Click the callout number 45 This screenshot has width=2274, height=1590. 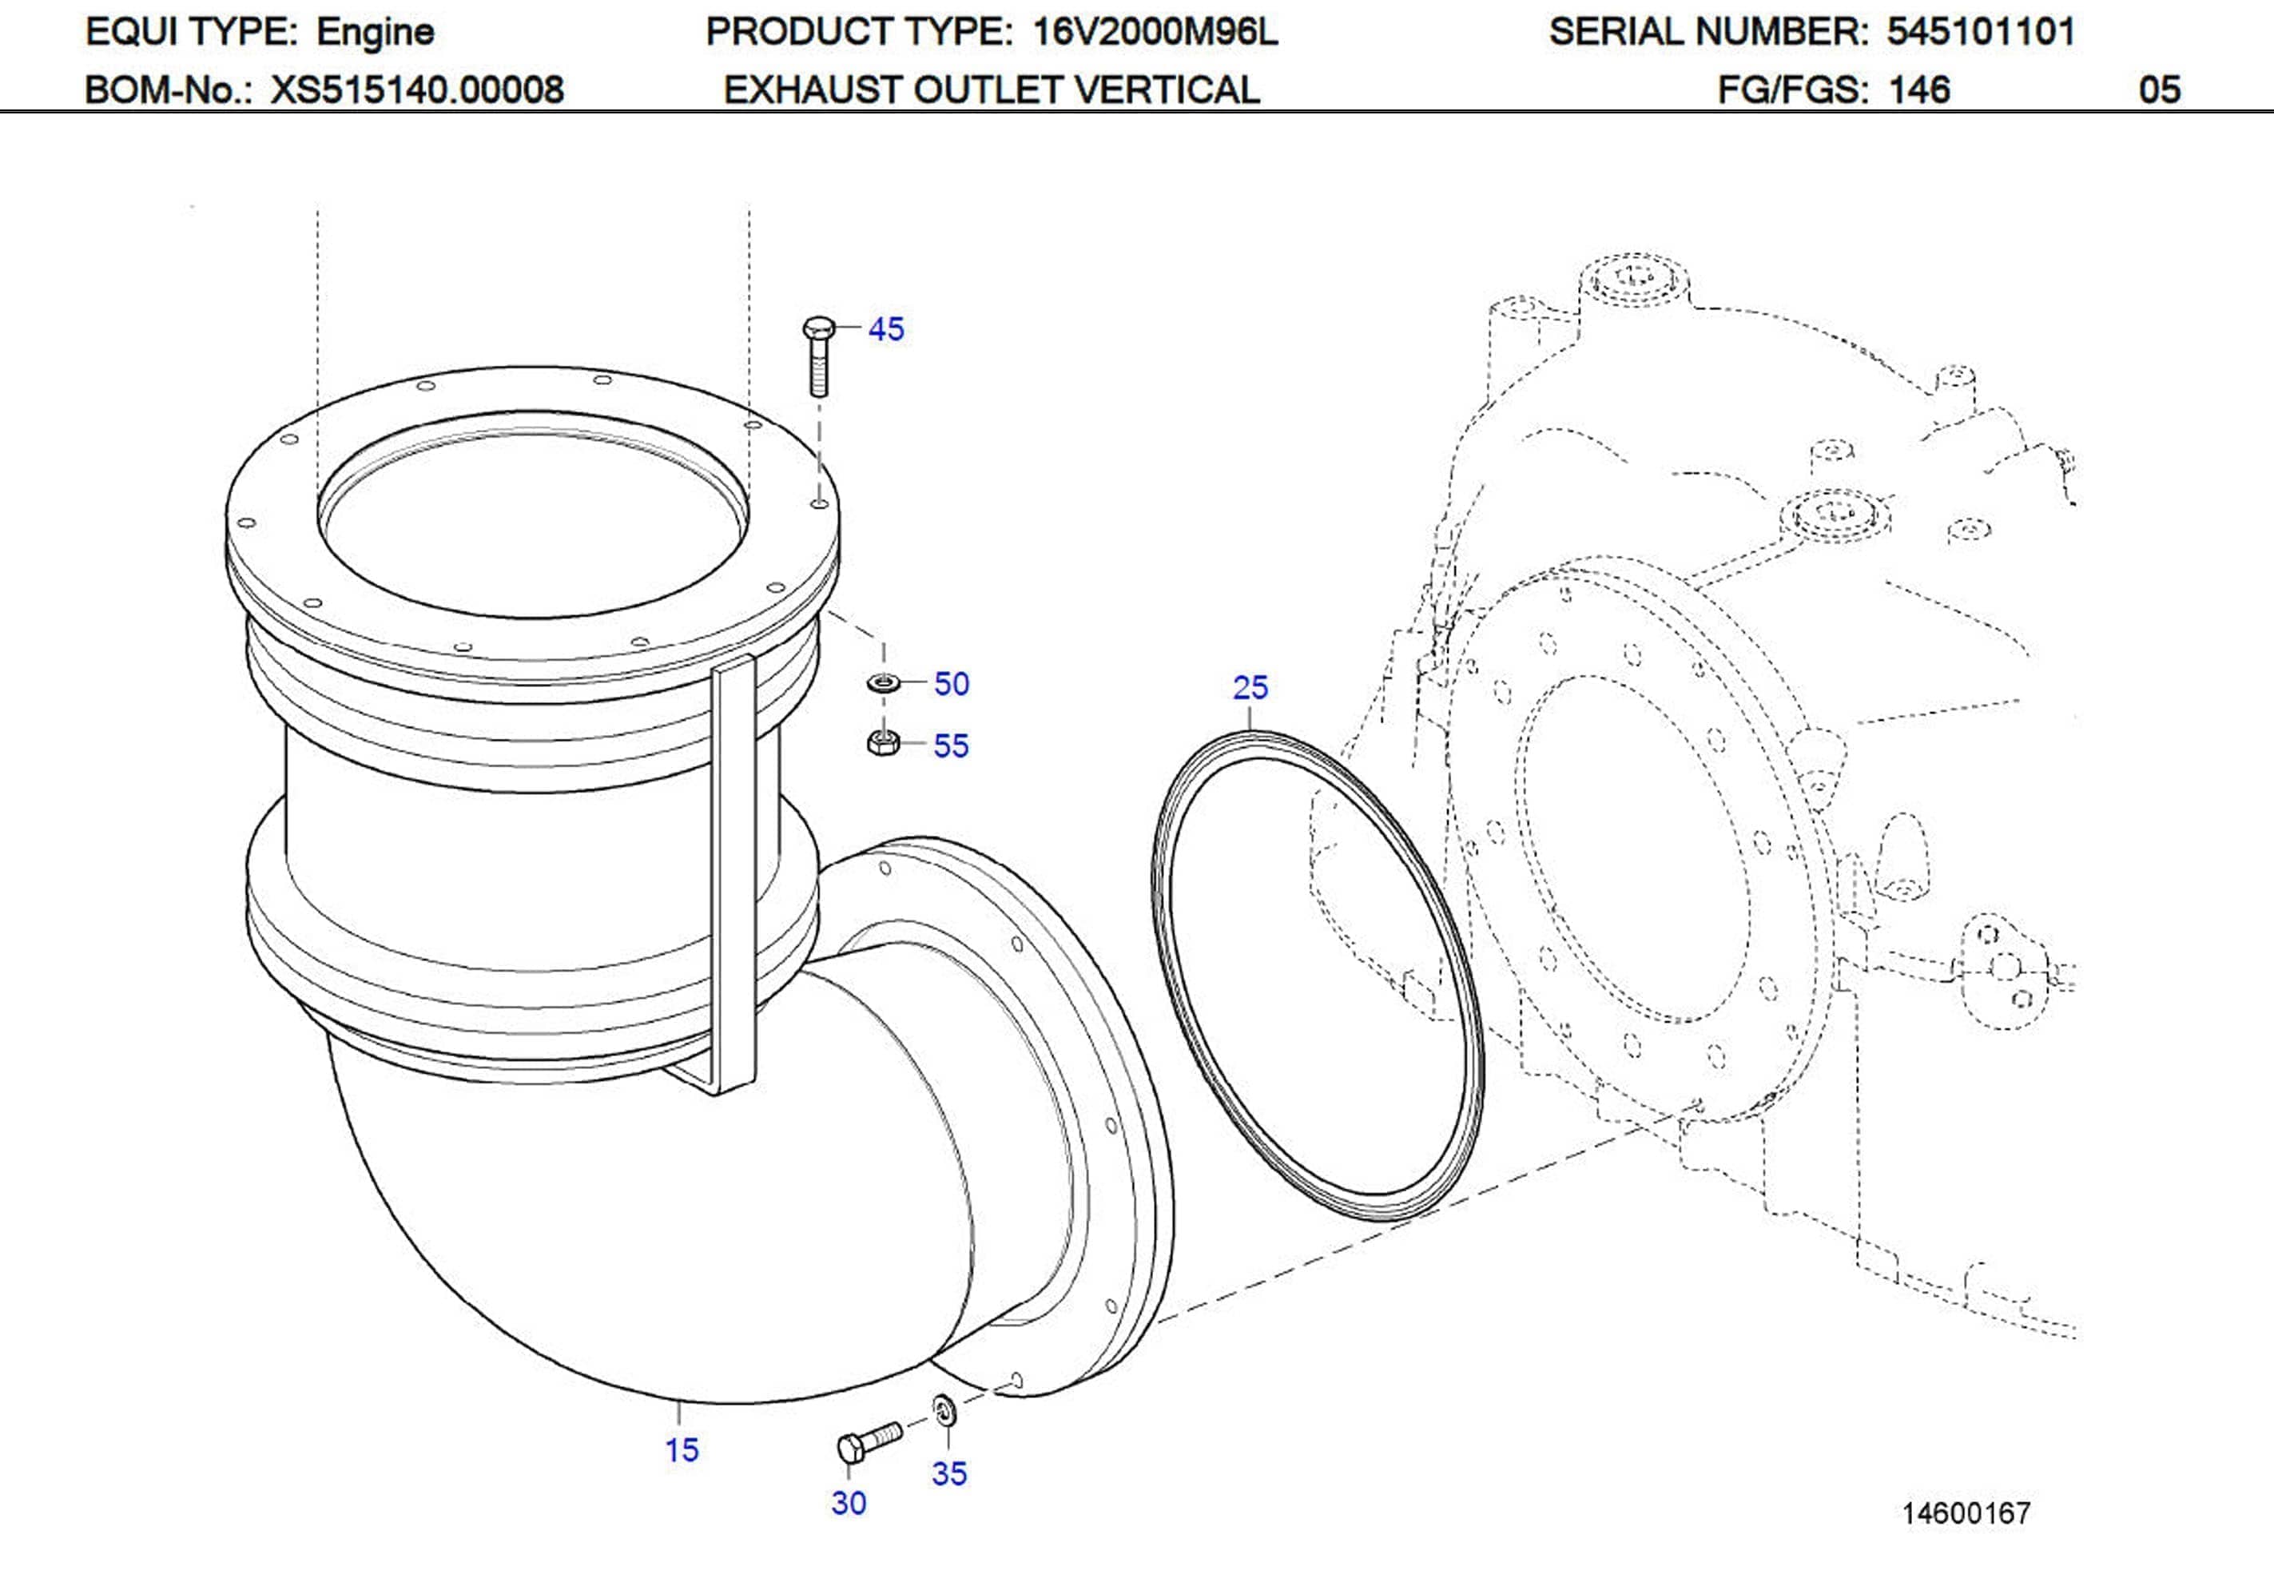coord(885,329)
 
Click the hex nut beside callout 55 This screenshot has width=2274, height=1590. coord(881,742)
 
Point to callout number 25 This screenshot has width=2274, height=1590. coord(1250,686)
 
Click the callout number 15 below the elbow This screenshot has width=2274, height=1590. coord(682,1449)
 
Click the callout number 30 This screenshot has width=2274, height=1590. coord(849,1503)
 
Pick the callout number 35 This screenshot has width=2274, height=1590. coord(948,1473)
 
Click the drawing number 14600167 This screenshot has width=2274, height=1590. coord(1966,1512)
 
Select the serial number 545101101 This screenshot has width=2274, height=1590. coord(1981,32)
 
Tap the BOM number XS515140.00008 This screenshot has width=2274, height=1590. coord(417,90)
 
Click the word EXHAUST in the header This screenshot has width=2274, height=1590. coord(813,90)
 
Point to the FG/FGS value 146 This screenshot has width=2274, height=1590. coord(1918,90)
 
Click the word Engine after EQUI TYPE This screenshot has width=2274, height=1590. coord(375,32)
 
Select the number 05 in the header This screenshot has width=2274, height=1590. coord(2159,90)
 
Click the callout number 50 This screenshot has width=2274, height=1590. coord(951,684)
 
